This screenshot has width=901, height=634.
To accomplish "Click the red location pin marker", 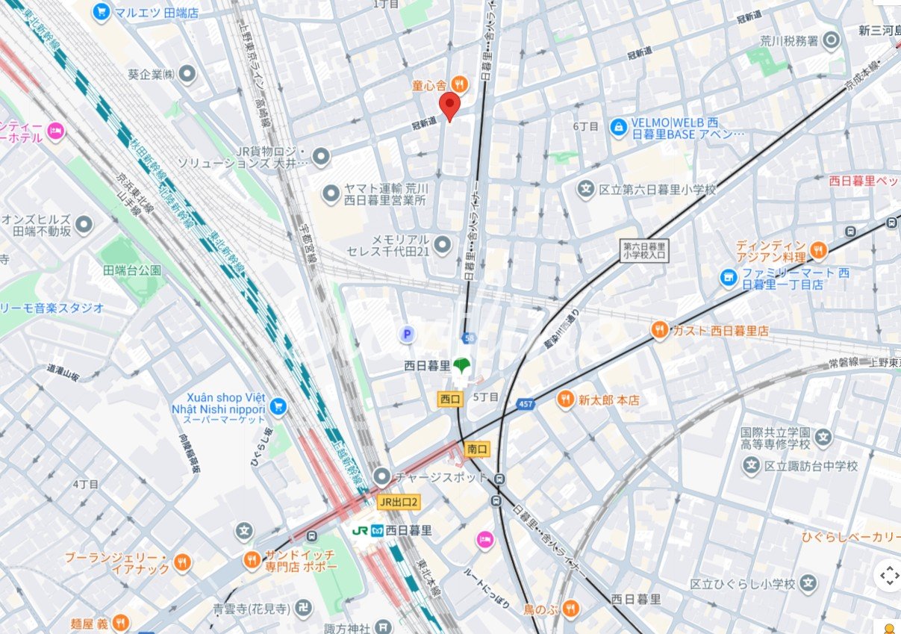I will click(449, 106).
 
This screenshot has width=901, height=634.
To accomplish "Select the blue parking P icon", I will click(407, 335).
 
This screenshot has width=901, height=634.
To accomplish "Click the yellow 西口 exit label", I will click(450, 400).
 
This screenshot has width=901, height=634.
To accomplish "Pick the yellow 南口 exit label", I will click(476, 449).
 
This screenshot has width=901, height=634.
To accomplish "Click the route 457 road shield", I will click(526, 404).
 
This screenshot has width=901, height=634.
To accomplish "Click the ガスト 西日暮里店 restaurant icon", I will click(659, 330).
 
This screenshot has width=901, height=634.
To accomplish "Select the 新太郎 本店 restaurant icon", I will click(566, 400).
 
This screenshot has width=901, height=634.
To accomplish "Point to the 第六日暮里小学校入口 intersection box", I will click(646, 249).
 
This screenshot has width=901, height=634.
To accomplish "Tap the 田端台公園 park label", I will click(132, 270).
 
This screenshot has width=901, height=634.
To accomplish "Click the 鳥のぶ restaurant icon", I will click(570, 609).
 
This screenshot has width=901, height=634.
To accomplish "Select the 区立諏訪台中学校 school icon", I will click(751, 466).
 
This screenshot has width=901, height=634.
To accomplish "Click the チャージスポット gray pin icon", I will click(382, 476).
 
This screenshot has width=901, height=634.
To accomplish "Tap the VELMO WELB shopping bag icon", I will click(617, 128).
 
